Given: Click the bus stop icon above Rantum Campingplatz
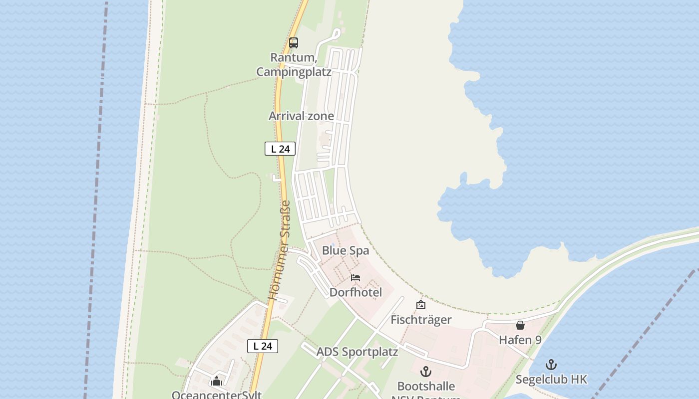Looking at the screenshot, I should [x=294, y=43].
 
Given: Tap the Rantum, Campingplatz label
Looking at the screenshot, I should [x=294, y=65].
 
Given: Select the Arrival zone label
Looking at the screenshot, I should [x=301, y=116].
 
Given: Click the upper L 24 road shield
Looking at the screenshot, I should [x=280, y=149].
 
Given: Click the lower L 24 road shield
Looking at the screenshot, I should [x=263, y=346].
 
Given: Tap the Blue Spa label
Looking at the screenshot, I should [x=346, y=250].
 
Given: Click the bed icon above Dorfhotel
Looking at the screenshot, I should [x=355, y=277].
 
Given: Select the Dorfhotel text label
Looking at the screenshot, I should [x=355, y=292].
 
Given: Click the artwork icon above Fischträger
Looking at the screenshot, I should [x=421, y=305].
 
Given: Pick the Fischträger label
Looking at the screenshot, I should [x=421, y=320].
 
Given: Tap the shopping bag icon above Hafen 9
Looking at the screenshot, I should [x=520, y=325].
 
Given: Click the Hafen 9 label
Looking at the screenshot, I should [x=520, y=340].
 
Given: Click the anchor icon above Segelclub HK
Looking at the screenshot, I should [x=551, y=365].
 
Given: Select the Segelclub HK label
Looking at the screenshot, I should [x=551, y=380].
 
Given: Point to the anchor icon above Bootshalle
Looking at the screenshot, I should [x=426, y=372].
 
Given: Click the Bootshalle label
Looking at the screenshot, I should [x=426, y=387].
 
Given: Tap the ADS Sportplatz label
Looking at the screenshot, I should [x=357, y=352].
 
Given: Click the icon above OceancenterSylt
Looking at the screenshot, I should [x=217, y=382].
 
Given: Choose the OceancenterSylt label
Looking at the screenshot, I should [x=217, y=395].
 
